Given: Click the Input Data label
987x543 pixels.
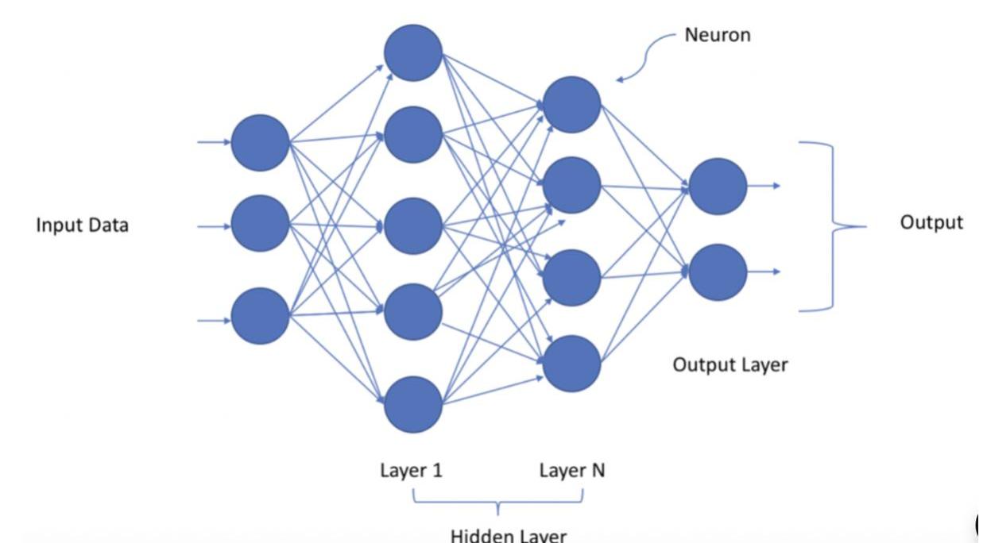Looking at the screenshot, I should (x=82, y=225).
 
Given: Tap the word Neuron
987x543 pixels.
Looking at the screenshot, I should (x=717, y=35).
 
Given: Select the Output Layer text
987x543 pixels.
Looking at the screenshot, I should (x=730, y=365).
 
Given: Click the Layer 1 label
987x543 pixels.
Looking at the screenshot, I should (x=411, y=471).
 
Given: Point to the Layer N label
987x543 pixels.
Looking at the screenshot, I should (x=571, y=471).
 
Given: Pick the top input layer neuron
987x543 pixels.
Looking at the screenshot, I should (x=260, y=143).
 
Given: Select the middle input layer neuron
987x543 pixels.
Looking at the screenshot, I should (x=260, y=225).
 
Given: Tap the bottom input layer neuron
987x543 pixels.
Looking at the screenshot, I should (x=260, y=316).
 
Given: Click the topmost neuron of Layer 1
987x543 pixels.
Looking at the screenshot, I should (x=412, y=53).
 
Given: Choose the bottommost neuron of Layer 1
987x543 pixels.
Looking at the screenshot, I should (x=412, y=405).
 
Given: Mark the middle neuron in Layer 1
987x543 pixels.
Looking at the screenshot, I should (x=412, y=226).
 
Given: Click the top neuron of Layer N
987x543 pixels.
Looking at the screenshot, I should (x=571, y=105).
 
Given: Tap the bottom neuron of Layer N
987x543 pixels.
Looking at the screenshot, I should (x=571, y=364).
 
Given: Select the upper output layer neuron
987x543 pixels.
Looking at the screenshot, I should (x=718, y=187).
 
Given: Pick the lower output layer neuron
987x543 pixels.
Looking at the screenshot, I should (x=718, y=272).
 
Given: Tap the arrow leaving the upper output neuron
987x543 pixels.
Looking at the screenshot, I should (x=764, y=187).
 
